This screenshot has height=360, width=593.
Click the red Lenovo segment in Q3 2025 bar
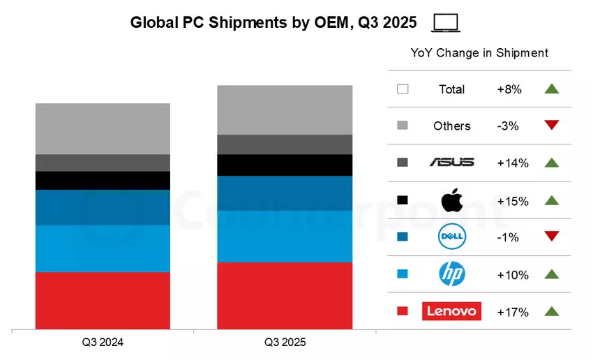pyautogui.click(x=285, y=295)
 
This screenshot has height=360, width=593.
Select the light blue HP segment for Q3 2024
pyautogui.click(x=103, y=248)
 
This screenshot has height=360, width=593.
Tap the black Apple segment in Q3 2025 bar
pyautogui.click(x=285, y=165)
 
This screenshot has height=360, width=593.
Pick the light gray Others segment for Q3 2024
pyautogui.click(x=103, y=129)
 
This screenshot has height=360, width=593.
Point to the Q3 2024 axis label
pyautogui.click(x=103, y=343)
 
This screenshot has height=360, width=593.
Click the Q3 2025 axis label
pyautogui.click(x=285, y=343)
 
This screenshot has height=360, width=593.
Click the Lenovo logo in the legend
pyautogui.click(x=451, y=311)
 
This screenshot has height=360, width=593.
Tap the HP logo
pyautogui.click(x=451, y=274)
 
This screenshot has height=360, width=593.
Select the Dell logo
pyautogui.click(x=451, y=237)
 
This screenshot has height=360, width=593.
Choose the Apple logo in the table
pyautogui.click(x=451, y=200)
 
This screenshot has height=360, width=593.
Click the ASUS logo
pyautogui.click(x=451, y=163)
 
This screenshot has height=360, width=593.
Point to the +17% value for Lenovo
pyautogui.click(x=512, y=312)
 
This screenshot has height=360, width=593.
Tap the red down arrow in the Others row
pyautogui.click(x=552, y=126)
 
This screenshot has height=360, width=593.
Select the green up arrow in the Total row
pyautogui.click(x=552, y=89)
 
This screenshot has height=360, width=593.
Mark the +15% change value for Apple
pyautogui.click(x=512, y=201)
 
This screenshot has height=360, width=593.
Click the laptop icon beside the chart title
pyautogui.click(x=445, y=23)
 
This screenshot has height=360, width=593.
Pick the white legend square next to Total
pyautogui.click(x=402, y=89)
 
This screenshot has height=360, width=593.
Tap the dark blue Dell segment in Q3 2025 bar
pyautogui.click(x=285, y=193)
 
